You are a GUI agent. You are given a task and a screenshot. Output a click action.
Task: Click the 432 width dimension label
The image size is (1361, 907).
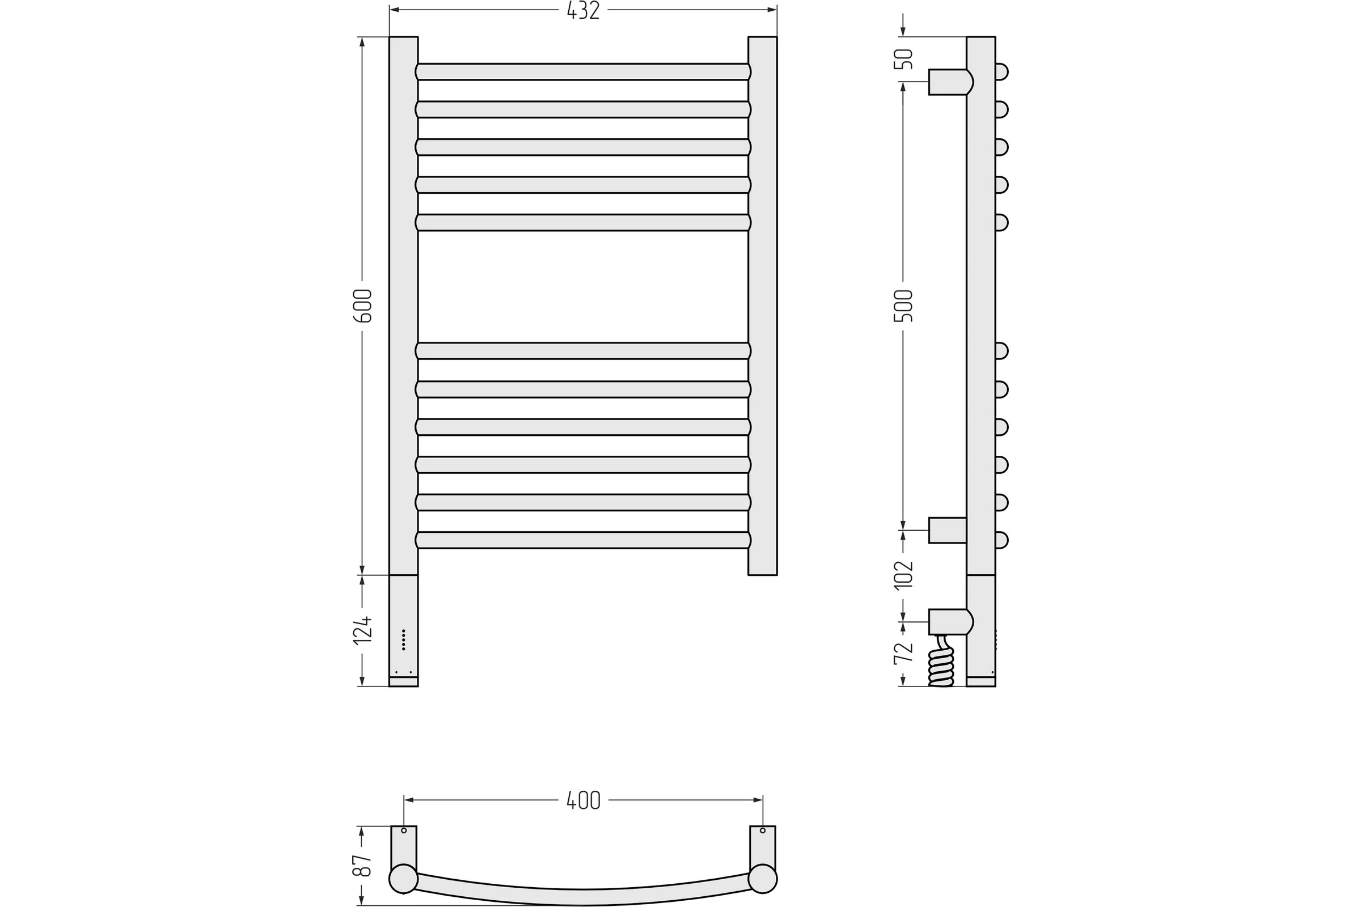[x=583, y=10]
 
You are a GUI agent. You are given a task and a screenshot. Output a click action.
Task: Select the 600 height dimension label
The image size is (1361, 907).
[x=363, y=306]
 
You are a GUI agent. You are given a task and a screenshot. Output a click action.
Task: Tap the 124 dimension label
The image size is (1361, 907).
[x=363, y=630]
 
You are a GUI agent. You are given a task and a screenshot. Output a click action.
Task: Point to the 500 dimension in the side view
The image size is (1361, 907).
[x=903, y=306]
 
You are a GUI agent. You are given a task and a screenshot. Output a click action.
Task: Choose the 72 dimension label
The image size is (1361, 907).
[x=903, y=653]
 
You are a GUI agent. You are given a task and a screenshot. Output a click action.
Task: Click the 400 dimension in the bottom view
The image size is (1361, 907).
[x=584, y=800]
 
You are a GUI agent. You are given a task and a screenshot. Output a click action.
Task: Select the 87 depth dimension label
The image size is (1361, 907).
[x=362, y=866]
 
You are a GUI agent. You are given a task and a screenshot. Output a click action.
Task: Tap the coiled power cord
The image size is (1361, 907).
[x=940, y=660]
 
